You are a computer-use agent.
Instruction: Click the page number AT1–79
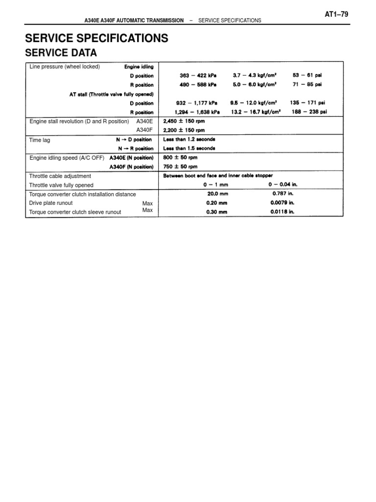[x=336, y=14]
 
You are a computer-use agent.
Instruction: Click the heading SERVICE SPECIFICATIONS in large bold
[x=96, y=38]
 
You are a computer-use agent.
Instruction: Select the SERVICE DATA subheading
[x=61, y=53]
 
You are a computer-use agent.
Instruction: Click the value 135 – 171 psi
[x=307, y=103]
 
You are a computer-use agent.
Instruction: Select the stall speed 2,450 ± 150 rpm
[x=184, y=122]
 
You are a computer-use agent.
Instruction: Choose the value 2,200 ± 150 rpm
[x=184, y=131]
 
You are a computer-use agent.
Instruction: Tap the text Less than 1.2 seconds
[x=189, y=140]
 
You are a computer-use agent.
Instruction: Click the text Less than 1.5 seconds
[x=189, y=149]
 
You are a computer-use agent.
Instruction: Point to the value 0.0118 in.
[x=282, y=212]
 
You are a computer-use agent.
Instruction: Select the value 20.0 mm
[x=217, y=194]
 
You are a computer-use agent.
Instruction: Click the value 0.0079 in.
[x=282, y=203]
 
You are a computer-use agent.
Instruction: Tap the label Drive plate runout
[x=51, y=203]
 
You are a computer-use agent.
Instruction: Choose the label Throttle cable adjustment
[x=60, y=176]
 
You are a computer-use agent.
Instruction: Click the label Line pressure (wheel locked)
[x=65, y=67]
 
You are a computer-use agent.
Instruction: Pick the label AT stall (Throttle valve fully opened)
[x=112, y=94]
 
